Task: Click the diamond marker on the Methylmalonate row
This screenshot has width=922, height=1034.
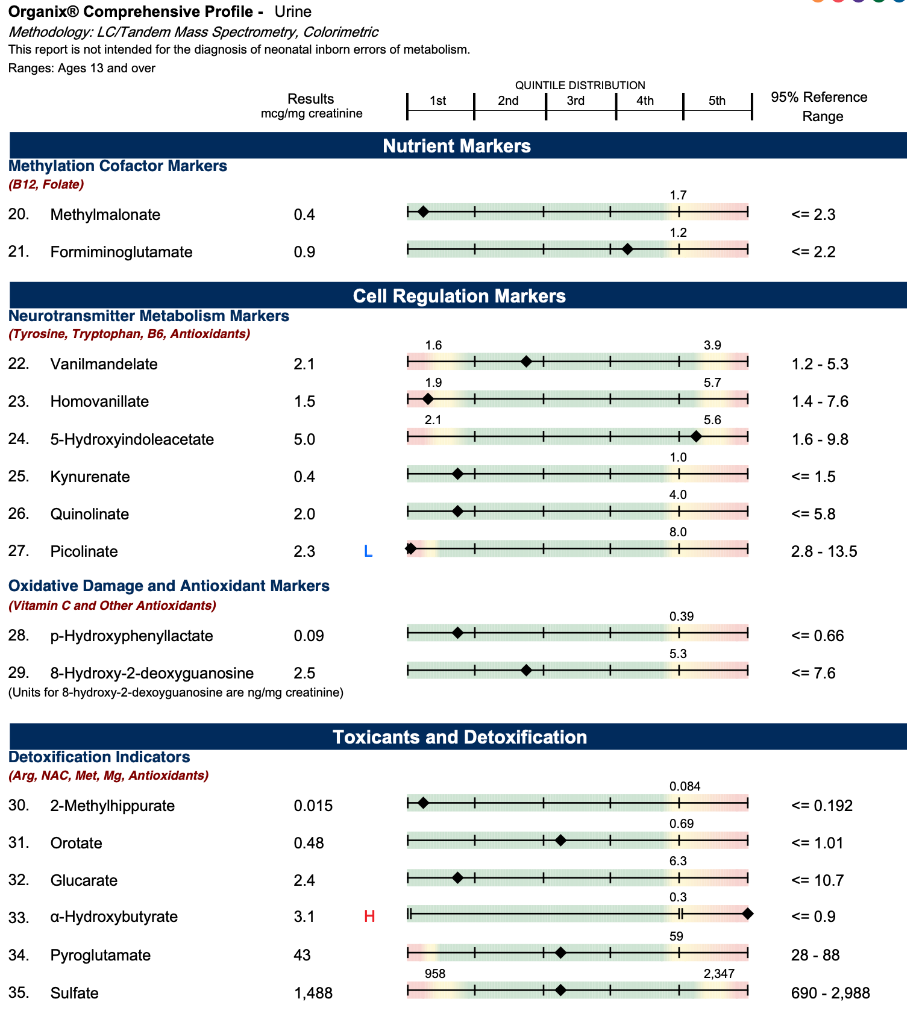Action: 423,211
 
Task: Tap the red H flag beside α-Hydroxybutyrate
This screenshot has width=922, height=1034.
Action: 369,917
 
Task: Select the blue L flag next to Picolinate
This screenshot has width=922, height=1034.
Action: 368,551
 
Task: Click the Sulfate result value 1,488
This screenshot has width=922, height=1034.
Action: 313,993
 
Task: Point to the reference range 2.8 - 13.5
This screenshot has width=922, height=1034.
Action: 824,551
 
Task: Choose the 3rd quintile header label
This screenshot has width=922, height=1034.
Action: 575,101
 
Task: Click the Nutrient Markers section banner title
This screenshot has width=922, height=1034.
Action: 457,146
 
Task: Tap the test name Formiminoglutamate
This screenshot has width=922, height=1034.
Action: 121,252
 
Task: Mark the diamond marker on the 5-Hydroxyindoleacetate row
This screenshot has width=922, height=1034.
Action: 696,436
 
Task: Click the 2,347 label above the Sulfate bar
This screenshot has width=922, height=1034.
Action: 719,974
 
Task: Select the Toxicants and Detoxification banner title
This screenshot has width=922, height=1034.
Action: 459,737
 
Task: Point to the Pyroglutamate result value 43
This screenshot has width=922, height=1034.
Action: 302,955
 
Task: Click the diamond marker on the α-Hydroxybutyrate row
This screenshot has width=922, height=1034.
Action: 747,914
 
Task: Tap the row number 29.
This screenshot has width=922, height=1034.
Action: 19,673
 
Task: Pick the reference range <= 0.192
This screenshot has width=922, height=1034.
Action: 822,806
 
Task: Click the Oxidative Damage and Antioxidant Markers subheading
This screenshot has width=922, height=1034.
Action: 169,586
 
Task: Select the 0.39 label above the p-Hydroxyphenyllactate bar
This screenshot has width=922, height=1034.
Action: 682,616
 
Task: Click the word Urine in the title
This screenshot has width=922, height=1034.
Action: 293,11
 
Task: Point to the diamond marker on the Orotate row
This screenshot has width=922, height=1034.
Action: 560,840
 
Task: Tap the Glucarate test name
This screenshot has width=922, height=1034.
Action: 84,880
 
